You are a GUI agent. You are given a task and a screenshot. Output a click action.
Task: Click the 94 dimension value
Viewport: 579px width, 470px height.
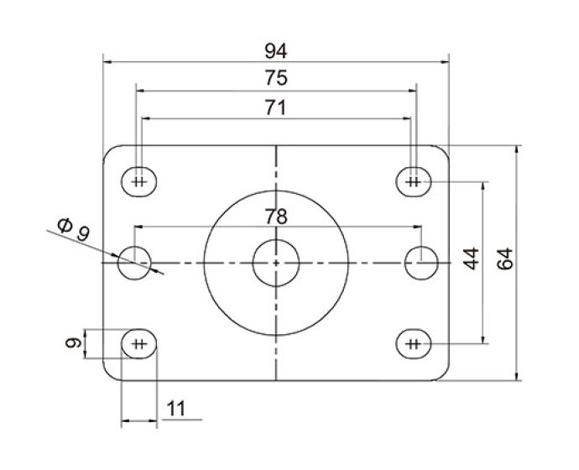click(x=275, y=50)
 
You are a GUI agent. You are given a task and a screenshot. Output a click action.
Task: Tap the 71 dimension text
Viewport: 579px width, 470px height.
click(x=275, y=107)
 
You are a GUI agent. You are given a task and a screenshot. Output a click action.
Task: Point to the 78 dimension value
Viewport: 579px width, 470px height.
click(x=275, y=216)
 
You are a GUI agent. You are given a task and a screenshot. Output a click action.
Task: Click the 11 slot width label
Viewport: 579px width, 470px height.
click(x=176, y=410)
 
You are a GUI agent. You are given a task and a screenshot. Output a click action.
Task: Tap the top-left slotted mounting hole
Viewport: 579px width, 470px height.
click(x=139, y=180)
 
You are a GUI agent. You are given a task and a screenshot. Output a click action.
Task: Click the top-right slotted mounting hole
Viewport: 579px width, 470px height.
click(x=413, y=180)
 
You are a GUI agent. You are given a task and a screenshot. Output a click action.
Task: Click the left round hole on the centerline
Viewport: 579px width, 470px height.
click(x=133, y=262)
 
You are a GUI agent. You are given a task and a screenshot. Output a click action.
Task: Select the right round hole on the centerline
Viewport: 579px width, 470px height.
click(x=420, y=262)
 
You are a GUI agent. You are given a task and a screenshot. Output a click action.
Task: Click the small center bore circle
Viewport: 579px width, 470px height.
click(x=276, y=262)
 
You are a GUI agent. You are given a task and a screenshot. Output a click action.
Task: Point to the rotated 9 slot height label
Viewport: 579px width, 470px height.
click(x=73, y=342)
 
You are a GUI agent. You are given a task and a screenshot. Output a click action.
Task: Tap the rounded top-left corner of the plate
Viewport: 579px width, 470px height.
click(x=108, y=150)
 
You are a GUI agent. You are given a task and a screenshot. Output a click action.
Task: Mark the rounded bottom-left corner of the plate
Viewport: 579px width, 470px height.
click(x=108, y=375)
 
